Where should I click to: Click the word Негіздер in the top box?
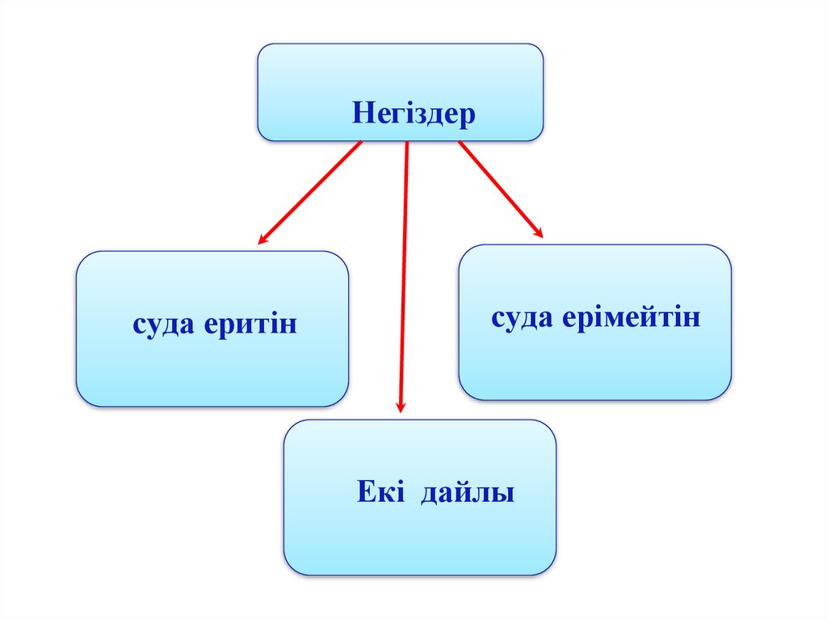pos(413,113)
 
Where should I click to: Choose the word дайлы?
pos(468,492)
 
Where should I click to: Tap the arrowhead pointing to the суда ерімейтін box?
pos(539,234)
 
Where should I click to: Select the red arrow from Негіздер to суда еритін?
pos(311,191)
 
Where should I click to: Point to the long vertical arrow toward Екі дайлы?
pos(404,274)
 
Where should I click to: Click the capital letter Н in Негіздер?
pos(361,112)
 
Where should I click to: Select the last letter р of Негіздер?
pos(468,115)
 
